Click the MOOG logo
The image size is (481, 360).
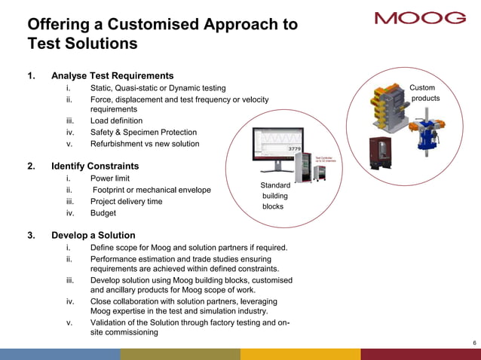[420, 18]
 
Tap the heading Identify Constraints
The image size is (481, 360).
[95, 166]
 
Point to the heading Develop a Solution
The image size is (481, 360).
[93, 235]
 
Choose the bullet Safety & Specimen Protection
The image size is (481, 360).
[143, 132]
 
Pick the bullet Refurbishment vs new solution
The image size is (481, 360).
[145, 144]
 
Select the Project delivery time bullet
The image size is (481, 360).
[126, 202]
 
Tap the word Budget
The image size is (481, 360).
[104, 214]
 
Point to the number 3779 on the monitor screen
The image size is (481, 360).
[296, 149]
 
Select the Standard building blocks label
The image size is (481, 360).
[274, 195]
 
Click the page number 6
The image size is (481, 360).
[473, 343]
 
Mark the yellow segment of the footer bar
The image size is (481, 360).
[300, 354]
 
